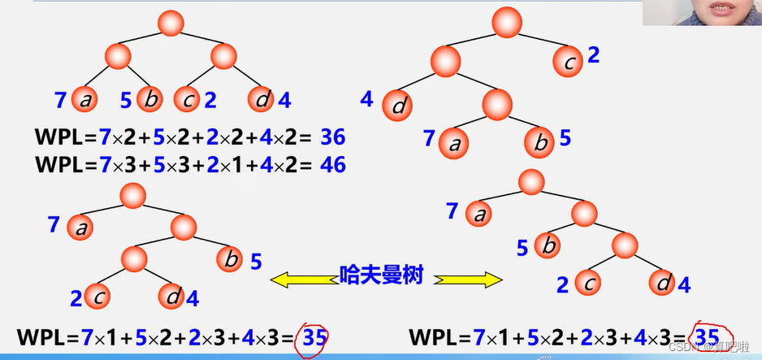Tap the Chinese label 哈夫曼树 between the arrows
382,275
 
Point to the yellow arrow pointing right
468,280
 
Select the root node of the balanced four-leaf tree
171,23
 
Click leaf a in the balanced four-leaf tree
84,100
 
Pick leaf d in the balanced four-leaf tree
262,100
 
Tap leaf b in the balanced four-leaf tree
149,100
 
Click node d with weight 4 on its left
398,106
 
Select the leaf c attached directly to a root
569,59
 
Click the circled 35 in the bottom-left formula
311,336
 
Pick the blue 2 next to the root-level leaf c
593,55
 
